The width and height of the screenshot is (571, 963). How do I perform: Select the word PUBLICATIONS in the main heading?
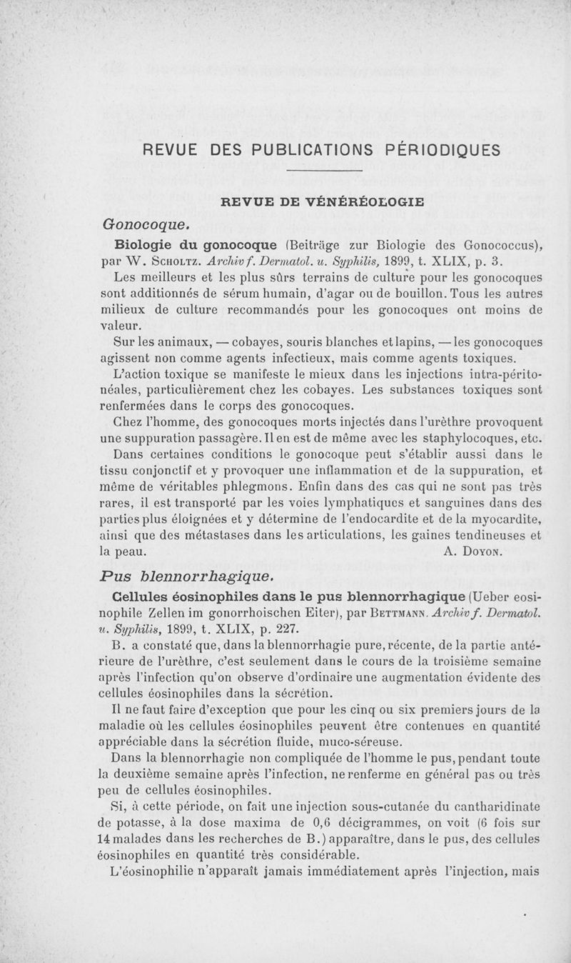pos(303,150)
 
